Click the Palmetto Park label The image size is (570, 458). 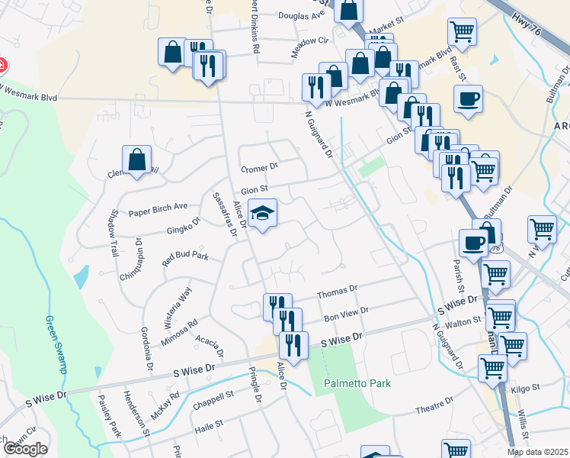(x=357, y=382)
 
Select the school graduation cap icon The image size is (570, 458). (x=261, y=214)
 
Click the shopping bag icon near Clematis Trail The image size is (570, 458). (x=136, y=160)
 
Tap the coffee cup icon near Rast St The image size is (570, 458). (x=467, y=98)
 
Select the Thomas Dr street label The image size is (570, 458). (x=337, y=290)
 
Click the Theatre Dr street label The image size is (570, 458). (x=434, y=410)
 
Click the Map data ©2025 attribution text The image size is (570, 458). (x=537, y=452)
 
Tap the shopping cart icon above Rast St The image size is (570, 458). (x=461, y=33)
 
